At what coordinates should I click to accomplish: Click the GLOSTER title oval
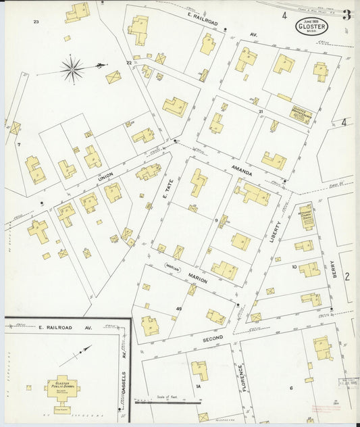(x=311, y=28)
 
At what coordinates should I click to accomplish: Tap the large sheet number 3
(x=346, y=15)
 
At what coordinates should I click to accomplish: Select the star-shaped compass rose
(x=72, y=68)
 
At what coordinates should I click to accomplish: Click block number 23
(x=36, y=22)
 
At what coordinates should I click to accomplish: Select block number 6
(x=291, y=388)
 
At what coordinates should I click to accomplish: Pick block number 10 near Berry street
(x=294, y=267)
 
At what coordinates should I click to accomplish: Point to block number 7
(x=19, y=145)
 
